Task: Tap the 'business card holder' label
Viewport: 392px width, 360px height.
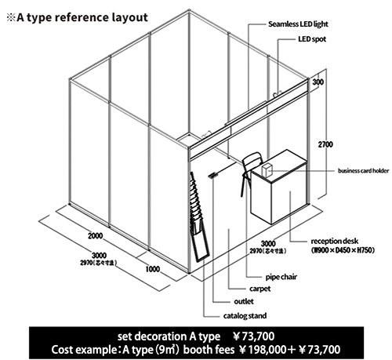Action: (363, 170)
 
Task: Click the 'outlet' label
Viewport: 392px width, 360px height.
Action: (244, 301)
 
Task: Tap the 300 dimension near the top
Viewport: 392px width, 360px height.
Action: (318, 82)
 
